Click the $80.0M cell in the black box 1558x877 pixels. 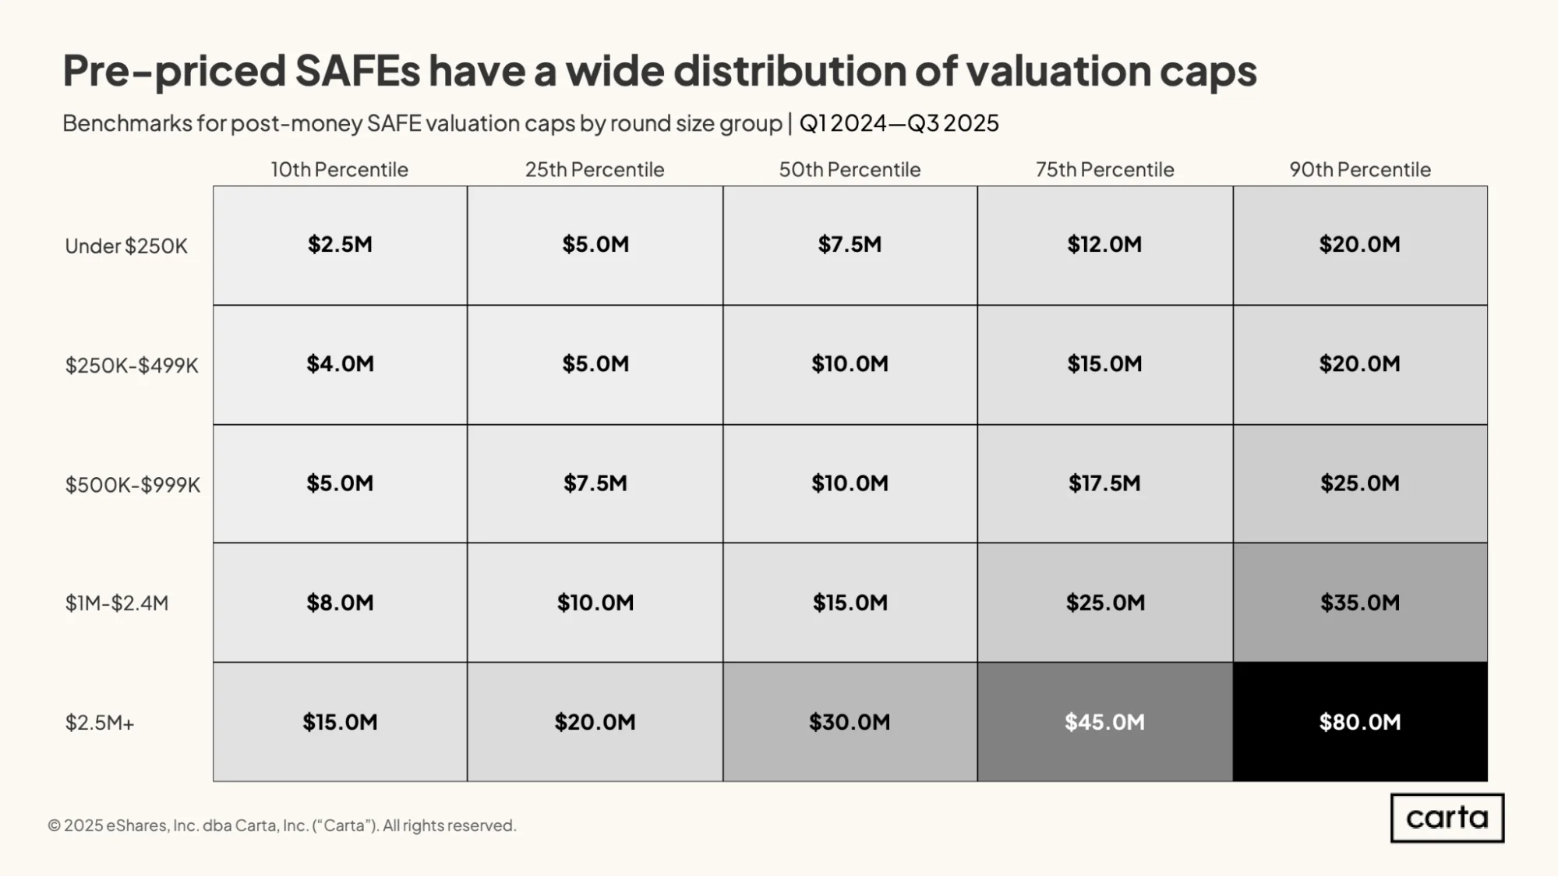pyautogui.click(x=1360, y=722)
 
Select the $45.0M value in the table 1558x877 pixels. pyautogui.click(x=1105, y=722)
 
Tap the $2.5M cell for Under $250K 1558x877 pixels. pyautogui.click(x=340, y=245)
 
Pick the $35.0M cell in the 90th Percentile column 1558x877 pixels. pyautogui.click(x=1360, y=603)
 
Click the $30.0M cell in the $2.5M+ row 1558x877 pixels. pyautogui.click(x=850, y=722)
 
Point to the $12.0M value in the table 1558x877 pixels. pyautogui.click(x=1105, y=245)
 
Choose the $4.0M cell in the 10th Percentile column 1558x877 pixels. pyautogui.click(x=340, y=364)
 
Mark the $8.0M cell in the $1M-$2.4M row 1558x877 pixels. pyautogui.click(x=340, y=603)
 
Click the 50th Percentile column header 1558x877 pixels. pyautogui.click(x=850, y=169)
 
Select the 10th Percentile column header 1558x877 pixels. pyautogui.click(x=339, y=169)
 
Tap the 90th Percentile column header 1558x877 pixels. pyautogui.click(x=1360, y=169)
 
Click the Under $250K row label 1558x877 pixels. pyautogui.click(x=126, y=246)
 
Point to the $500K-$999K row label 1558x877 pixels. pyautogui.click(x=132, y=485)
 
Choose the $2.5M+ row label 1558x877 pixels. pyautogui.click(x=100, y=723)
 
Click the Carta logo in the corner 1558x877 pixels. pyautogui.click(x=1447, y=818)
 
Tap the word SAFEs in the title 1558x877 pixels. pyautogui.click(x=358, y=70)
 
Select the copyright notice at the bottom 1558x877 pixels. pyautogui.click(x=282, y=826)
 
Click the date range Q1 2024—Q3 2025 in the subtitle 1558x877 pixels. pyautogui.click(x=899, y=123)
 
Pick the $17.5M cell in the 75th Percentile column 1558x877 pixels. pyautogui.click(x=1105, y=483)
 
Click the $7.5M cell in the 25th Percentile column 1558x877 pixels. pyautogui.click(x=595, y=483)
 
